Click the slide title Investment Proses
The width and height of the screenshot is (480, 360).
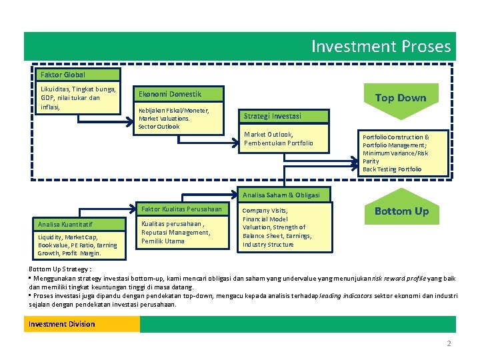coord(381,46)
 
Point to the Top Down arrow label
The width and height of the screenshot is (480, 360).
coord(401,97)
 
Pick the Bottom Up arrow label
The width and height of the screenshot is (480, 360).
coord(401,211)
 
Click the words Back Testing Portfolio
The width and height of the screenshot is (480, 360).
coord(392,169)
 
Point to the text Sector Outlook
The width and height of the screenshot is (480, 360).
coord(159,127)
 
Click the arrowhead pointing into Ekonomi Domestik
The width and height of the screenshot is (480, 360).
coord(130,122)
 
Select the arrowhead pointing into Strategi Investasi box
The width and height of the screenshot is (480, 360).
coord(236,143)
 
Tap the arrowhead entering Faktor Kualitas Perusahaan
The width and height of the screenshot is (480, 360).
coord(133,209)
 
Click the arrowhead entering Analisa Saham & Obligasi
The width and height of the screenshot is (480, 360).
coord(235,194)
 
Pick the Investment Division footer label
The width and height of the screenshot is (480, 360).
coord(61,324)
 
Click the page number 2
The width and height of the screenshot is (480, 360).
coord(449,343)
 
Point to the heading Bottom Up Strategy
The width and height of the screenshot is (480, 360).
coord(60,269)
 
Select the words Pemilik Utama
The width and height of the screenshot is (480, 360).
coord(163,241)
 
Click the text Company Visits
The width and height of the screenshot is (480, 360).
coord(265,211)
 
